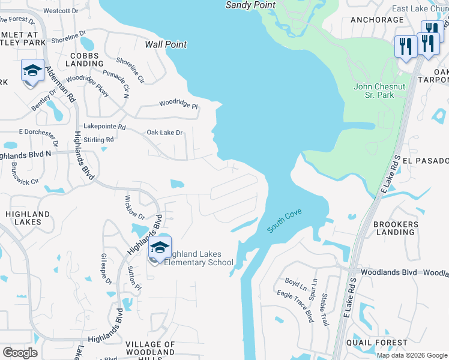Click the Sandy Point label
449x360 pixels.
[250, 5]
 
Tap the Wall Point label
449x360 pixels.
[166, 44]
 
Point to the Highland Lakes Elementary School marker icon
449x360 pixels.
[160, 248]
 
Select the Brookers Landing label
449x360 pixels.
[396, 228]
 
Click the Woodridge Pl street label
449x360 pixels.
[178, 104]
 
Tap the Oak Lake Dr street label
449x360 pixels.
[164, 133]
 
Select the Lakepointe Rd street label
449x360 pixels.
[104, 127]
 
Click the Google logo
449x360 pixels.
[20, 353]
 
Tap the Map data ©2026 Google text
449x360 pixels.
[412, 355]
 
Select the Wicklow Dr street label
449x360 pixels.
[134, 207]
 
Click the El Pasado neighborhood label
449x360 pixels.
[426, 161]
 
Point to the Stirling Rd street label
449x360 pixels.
[100, 140]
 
